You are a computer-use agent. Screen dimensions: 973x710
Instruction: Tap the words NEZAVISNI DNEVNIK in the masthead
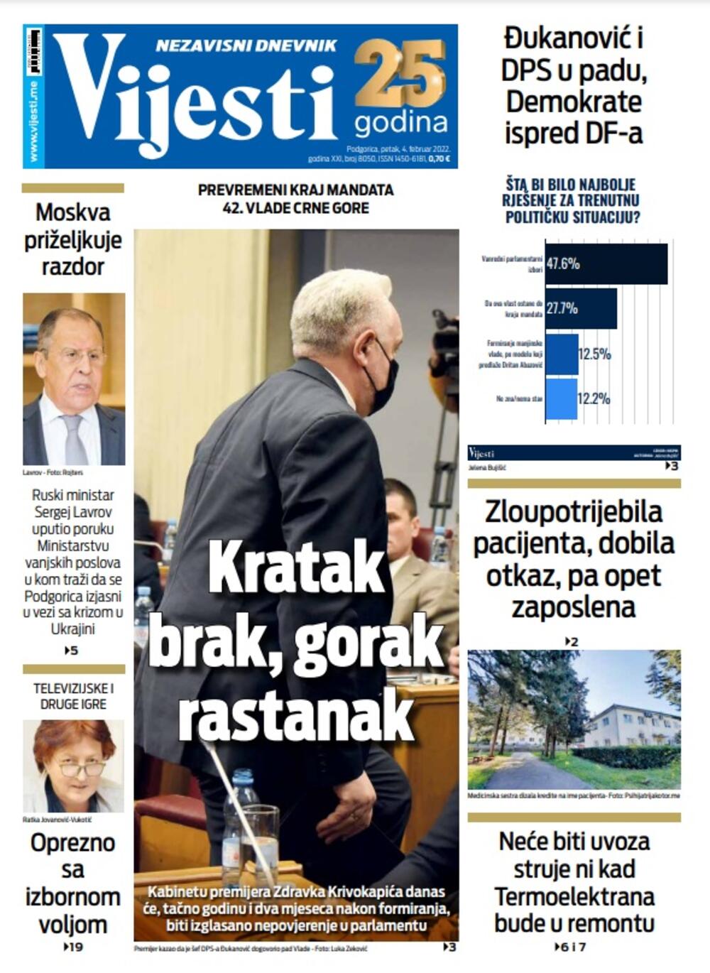(x=246, y=45)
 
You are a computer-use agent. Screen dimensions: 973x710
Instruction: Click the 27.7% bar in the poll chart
(x=581, y=308)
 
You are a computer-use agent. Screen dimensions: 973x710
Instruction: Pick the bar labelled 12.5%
(x=562, y=353)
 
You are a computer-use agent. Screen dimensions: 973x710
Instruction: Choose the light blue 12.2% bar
(x=561, y=398)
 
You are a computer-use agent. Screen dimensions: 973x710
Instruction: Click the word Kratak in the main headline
(x=296, y=567)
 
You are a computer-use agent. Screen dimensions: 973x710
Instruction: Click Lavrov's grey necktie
(x=73, y=437)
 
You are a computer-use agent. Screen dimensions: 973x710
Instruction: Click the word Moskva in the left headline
(x=73, y=212)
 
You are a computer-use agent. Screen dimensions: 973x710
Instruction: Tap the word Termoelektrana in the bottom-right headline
(x=574, y=896)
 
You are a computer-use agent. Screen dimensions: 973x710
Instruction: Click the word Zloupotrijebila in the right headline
(x=574, y=512)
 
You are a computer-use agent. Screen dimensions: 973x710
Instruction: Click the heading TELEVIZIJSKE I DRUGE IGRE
(x=73, y=696)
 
